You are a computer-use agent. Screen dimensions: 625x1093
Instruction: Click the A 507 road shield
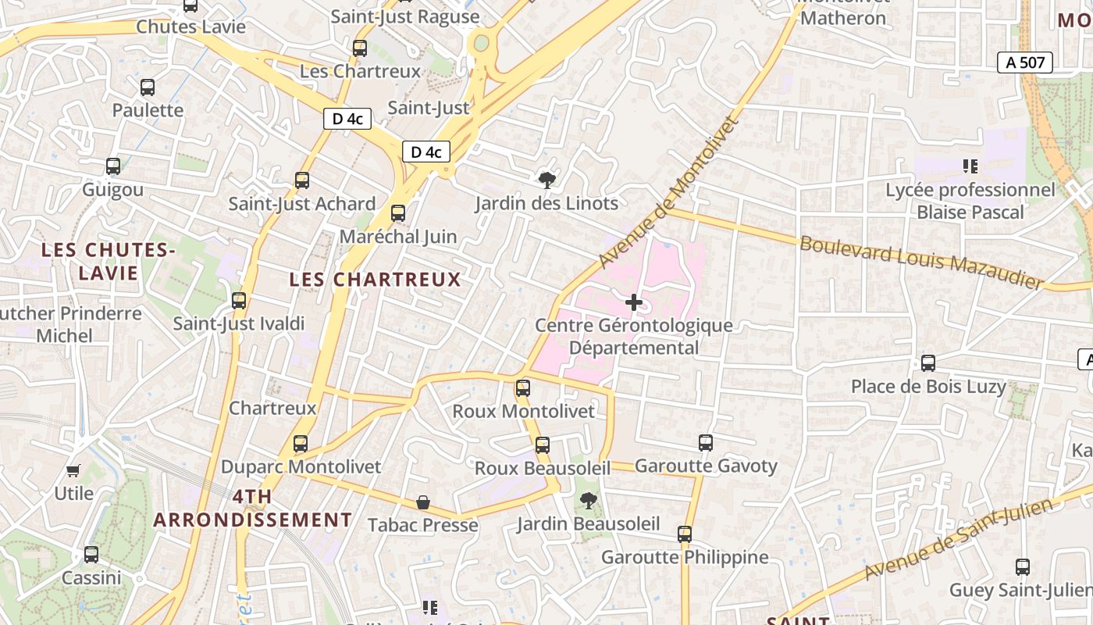point(1025,63)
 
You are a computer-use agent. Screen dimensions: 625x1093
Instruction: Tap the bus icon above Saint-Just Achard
point(302,180)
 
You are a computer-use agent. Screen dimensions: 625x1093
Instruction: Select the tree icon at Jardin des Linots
point(547,180)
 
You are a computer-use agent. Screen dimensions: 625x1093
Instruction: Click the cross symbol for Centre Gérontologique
point(634,302)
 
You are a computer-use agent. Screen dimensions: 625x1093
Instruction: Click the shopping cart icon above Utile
point(73,470)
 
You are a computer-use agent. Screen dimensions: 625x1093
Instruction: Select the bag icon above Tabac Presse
point(422,502)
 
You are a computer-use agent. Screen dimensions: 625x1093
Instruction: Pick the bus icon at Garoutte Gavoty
point(706,443)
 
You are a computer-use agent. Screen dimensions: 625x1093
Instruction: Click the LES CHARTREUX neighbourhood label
point(375,280)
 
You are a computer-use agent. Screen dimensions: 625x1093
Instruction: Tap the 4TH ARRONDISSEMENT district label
point(253,508)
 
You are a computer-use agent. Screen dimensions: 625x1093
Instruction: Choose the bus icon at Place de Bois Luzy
point(928,363)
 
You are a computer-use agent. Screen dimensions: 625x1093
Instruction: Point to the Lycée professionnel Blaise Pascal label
point(970,201)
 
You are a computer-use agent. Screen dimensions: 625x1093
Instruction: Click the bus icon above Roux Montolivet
point(523,387)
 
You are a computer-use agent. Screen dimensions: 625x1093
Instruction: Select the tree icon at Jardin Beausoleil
point(588,500)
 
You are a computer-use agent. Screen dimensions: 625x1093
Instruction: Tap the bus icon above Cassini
point(91,555)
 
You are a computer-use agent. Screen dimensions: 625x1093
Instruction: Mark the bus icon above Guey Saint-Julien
point(1023,567)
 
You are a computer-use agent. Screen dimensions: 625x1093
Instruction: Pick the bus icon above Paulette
point(148,87)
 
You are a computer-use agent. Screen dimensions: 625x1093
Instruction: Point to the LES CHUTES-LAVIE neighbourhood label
point(108,262)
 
